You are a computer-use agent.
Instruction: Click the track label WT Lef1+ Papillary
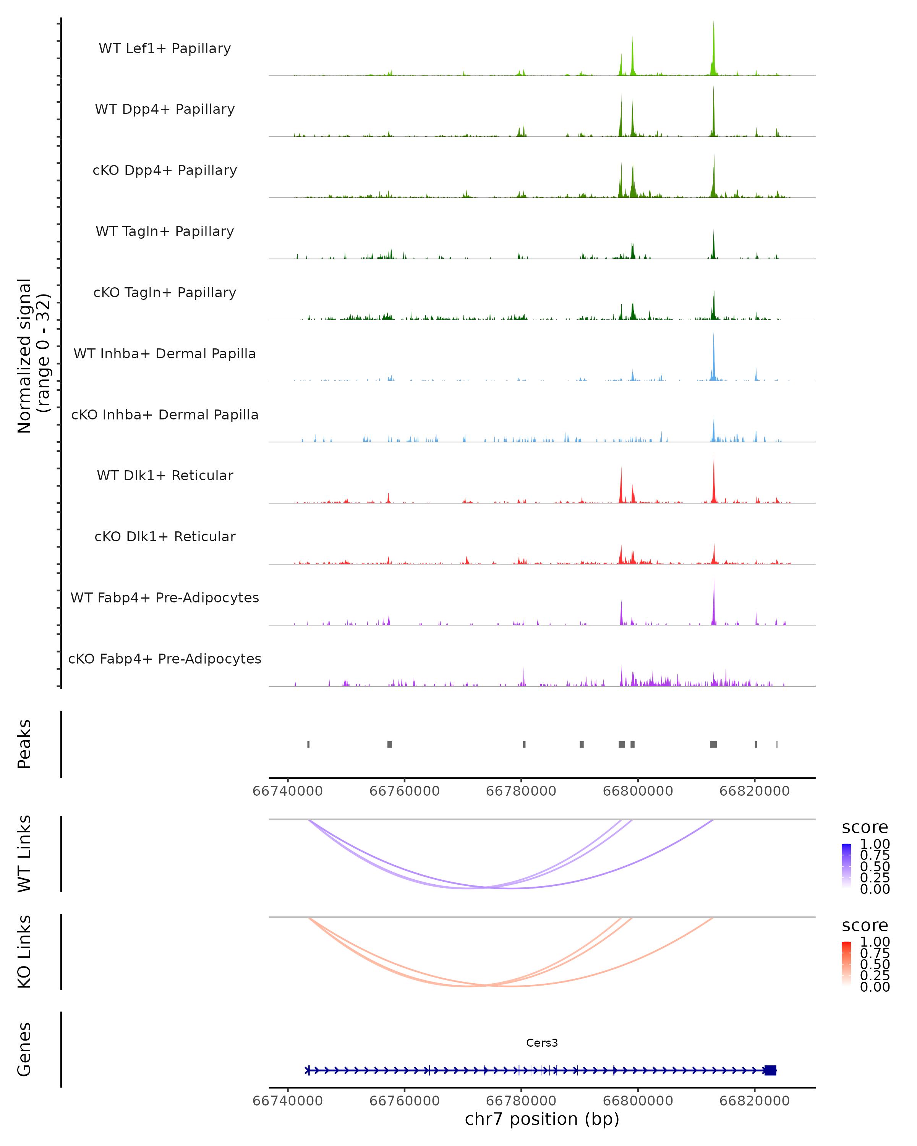(x=165, y=49)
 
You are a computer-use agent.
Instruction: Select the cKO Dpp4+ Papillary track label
(x=165, y=171)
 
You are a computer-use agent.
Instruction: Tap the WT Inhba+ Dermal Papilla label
(x=165, y=354)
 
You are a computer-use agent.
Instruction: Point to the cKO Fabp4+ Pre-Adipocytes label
(x=165, y=659)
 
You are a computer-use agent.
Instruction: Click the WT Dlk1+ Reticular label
(x=165, y=476)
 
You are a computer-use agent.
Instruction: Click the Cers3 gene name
(x=542, y=1043)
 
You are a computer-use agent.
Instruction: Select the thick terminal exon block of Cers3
(x=770, y=1070)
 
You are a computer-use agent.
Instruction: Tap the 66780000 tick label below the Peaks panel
(x=521, y=792)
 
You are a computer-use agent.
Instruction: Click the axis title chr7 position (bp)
(x=542, y=1119)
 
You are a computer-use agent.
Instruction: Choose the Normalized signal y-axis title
(x=33, y=356)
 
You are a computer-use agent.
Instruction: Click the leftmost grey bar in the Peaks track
(x=308, y=744)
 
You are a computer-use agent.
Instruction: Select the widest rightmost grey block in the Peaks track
(x=713, y=744)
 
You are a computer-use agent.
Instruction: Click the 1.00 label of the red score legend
(x=875, y=942)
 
